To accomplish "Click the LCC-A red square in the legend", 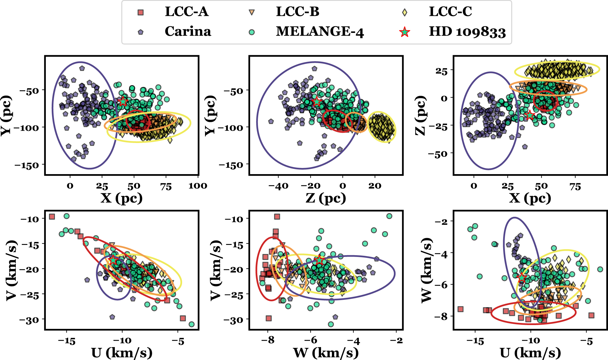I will click(141, 12).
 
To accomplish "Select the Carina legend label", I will click(188, 31).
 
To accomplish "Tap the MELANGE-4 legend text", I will click(320, 31).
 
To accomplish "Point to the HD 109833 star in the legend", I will click(405, 32).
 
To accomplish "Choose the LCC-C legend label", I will click(450, 12).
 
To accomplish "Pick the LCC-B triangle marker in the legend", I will click(252, 12).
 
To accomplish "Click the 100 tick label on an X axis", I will click(198, 186).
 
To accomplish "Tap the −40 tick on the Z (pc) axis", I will click(278, 186).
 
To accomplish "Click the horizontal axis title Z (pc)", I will click(325, 198).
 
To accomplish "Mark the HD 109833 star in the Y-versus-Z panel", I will click(317, 102).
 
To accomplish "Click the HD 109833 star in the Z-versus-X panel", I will click(530, 115).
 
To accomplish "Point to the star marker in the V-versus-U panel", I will click(113, 260).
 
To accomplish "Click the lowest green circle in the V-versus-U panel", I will click(192, 324).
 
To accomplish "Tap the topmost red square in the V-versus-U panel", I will click(52, 217).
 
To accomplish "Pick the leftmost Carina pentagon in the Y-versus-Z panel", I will click(271, 121).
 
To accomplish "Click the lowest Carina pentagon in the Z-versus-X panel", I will click(525, 147).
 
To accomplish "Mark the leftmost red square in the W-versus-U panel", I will click(460, 309).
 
